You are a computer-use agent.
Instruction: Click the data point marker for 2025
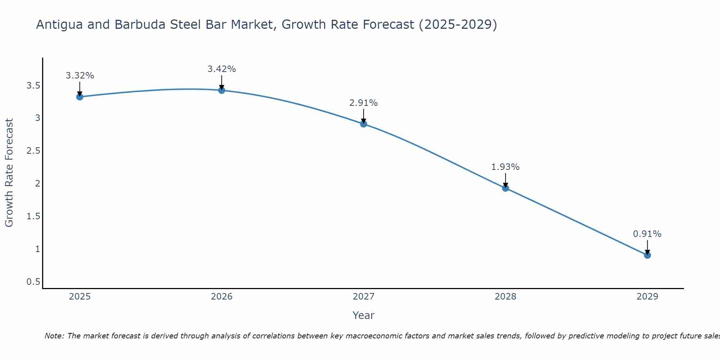[80, 97]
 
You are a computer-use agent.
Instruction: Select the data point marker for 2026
[222, 90]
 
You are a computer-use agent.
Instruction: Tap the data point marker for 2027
[364, 124]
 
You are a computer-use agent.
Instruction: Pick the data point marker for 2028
[505, 188]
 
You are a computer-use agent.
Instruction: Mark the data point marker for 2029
[647, 255]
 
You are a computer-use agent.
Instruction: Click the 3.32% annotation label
[80, 76]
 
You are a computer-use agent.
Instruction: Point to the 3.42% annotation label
[222, 69]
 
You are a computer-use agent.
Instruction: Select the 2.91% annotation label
[364, 103]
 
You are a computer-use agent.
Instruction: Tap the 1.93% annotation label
[505, 167]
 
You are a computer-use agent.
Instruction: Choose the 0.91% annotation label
[647, 234]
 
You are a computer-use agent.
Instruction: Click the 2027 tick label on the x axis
[364, 297]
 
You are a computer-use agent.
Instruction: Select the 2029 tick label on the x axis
[647, 297]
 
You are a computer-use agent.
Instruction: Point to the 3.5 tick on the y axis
[33, 86]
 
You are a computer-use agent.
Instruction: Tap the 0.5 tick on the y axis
[33, 282]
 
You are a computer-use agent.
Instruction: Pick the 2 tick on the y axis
[37, 184]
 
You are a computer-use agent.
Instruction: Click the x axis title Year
[364, 315]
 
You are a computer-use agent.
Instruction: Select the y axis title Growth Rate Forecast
[9, 173]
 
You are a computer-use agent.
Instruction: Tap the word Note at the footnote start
[54, 336]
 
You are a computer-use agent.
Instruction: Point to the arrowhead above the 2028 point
[505, 185]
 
